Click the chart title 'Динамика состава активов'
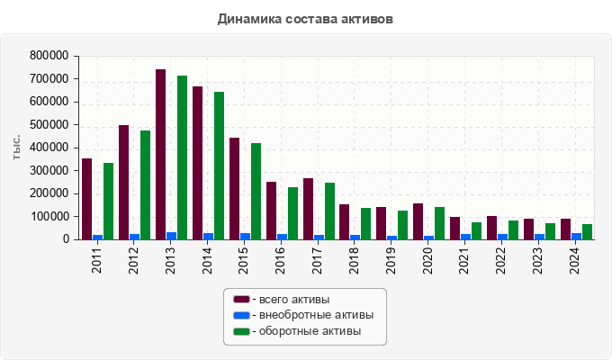coord(305,18)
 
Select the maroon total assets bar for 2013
coord(160,154)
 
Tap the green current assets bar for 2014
coord(219,166)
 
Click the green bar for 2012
coord(145,184)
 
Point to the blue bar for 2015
coord(245,236)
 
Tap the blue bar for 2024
coord(576,236)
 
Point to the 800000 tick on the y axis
coord(50,56)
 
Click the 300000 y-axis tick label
coord(50,171)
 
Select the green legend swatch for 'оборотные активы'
coord(241,331)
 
